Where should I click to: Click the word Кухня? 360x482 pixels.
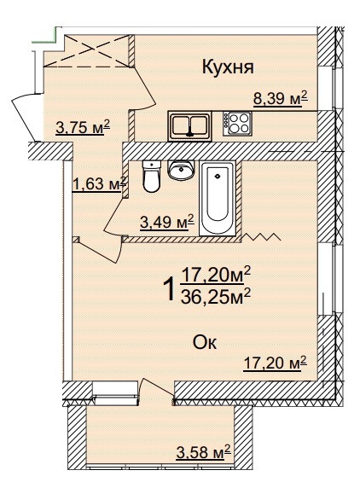click(x=228, y=67)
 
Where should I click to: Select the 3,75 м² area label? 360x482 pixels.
click(x=83, y=127)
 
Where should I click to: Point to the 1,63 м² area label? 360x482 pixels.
click(x=99, y=184)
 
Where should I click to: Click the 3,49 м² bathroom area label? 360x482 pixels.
click(x=167, y=222)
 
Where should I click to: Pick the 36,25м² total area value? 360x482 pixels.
click(x=216, y=297)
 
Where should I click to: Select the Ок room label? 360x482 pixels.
click(x=205, y=342)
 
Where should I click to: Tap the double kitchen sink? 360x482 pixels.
click(x=189, y=126)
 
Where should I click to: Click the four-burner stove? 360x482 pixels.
click(x=238, y=123)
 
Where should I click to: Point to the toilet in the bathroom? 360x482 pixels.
click(x=152, y=177)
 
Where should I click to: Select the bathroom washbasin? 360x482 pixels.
click(x=181, y=170)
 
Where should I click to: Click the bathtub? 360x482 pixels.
click(x=218, y=198)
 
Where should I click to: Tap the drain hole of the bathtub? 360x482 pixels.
click(x=218, y=176)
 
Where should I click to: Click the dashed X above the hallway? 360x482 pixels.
click(x=87, y=50)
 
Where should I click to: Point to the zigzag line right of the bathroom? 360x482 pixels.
click(x=262, y=236)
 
